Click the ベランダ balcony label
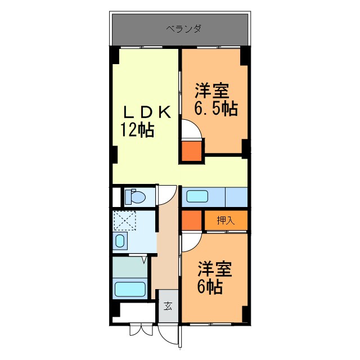pos(183,28)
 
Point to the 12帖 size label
pos(137,130)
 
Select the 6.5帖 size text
pos(215,108)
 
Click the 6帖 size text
pos(209,287)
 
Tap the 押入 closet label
pos(225,220)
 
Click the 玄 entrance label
pos(168,306)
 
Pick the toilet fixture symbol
pos(136,196)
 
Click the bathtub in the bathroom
pos(130,290)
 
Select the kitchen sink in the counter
pos(197,197)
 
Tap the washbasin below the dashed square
pos(120,242)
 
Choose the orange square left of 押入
pos(191,220)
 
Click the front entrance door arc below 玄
pos(169,335)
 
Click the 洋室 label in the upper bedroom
pos(212,90)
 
